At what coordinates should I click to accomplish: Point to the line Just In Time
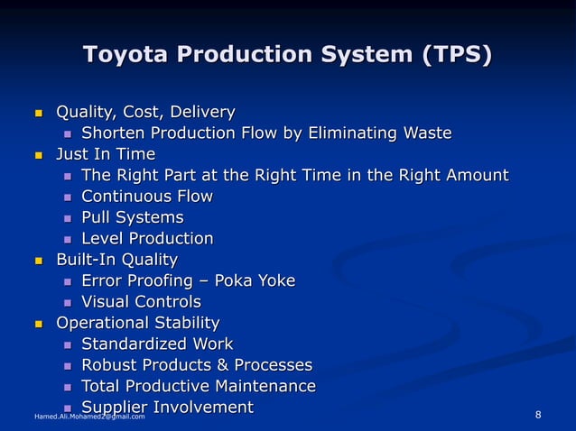(106, 154)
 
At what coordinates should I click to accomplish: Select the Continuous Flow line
(147, 197)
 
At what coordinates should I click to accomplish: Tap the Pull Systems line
(132, 217)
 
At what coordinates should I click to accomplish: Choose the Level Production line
(147, 239)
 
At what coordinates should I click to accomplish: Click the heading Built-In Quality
(116, 260)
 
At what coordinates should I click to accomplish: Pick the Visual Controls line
(141, 302)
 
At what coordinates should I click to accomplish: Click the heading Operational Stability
(137, 323)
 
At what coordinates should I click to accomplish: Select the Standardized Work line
(157, 344)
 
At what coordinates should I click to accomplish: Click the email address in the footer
(88, 417)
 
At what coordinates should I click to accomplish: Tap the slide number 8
(538, 415)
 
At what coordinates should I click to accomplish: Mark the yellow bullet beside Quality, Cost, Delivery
(39, 114)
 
